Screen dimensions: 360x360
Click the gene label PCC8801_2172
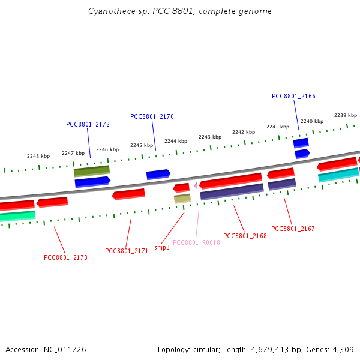point(88,125)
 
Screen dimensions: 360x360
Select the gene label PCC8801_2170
point(152,116)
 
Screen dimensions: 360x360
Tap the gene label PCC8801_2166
point(293,96)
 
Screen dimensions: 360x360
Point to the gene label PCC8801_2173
point(65,257)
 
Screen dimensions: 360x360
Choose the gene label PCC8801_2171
point(127,251)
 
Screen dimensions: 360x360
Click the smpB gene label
point(162,247)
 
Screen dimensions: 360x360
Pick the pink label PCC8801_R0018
point(196,243)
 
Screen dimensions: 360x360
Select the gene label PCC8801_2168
point(245,236)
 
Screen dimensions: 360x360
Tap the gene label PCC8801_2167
point(293,229)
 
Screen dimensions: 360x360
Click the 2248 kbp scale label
point(38,156)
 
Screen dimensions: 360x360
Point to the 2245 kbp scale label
point(142,145)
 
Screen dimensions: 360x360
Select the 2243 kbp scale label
point(210,137)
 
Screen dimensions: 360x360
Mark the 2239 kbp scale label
point(346,115)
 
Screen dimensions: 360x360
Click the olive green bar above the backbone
point(92,171)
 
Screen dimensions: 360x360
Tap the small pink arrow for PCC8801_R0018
point(196,186)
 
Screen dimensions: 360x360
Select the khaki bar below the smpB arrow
point(182,198)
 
